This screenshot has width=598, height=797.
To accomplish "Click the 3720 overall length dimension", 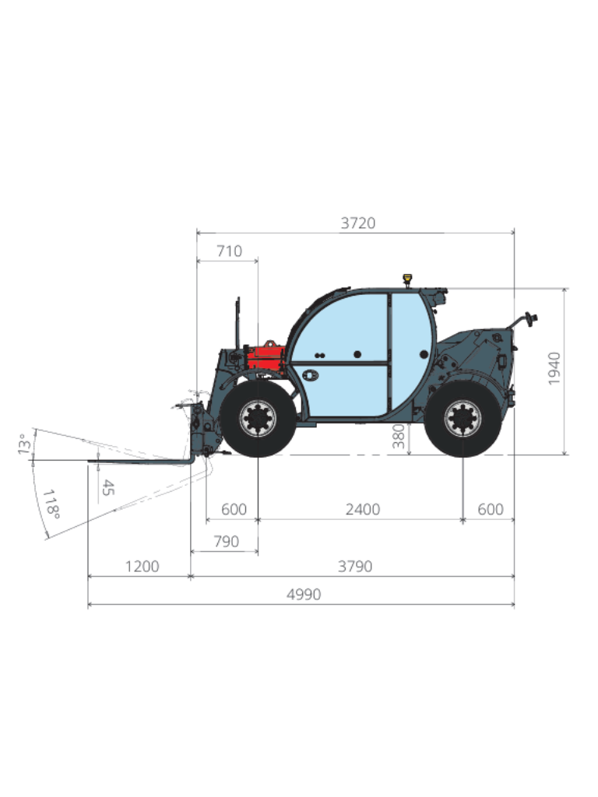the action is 358,223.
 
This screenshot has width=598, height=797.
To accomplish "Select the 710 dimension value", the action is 230,251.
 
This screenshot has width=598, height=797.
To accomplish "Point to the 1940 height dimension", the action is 554,368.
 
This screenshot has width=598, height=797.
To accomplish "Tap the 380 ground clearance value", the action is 399,437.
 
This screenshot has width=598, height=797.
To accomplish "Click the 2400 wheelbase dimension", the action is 363,509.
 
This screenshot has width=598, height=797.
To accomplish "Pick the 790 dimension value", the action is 227,542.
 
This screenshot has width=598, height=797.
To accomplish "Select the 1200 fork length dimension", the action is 142,567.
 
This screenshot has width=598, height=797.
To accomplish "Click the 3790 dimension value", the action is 355,567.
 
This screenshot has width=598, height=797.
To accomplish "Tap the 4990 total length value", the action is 304,594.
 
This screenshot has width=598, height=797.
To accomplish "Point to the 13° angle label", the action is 24,444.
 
